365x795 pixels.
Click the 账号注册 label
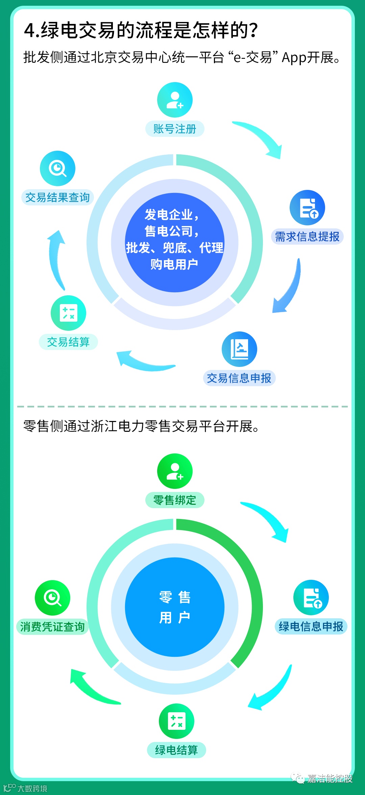175,129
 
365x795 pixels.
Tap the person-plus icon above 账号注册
175,100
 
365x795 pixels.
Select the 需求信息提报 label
307,237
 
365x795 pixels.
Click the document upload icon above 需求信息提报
307,207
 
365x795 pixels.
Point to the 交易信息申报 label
239,378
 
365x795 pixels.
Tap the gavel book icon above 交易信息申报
239,349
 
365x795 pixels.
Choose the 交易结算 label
68,342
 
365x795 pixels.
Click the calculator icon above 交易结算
68,313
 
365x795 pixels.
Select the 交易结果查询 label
57,197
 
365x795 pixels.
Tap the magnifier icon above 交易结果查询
57,168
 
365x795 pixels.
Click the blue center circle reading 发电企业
175,242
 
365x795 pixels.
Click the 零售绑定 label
175,500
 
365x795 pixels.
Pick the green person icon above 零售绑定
175,471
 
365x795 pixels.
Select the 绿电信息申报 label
311,626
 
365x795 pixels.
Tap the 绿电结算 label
176,750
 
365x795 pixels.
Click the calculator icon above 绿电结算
176,721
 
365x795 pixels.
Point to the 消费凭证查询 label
52,627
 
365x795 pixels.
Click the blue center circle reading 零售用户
175,607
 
